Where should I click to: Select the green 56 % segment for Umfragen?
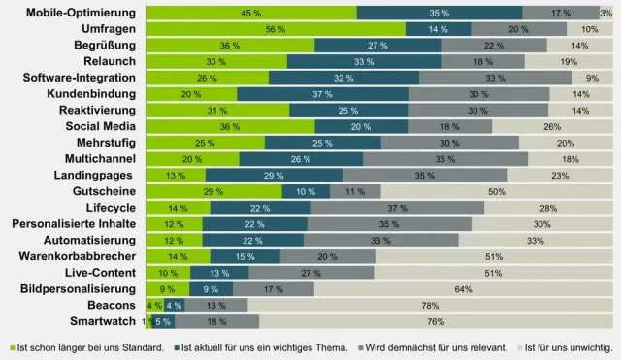(275, 29)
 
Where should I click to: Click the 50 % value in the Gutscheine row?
(496, 191)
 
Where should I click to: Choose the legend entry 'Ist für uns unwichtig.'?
(571, 347)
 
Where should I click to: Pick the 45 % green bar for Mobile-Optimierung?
(250, 13)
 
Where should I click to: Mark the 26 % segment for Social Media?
(551, 126)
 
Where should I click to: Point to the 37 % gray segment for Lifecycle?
(397, 208)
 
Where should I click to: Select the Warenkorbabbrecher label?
(82, 256)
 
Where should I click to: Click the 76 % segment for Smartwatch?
(435, 320)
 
